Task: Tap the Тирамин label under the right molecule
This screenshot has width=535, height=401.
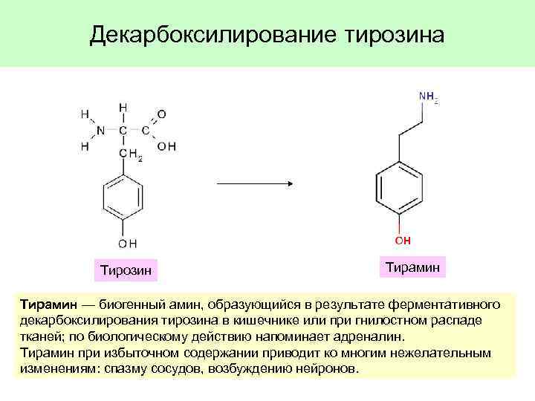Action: [413, 266]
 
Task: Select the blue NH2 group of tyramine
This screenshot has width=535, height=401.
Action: [428, 97]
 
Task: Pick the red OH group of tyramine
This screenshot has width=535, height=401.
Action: [402, 241]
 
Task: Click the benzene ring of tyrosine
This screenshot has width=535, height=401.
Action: [123, 199]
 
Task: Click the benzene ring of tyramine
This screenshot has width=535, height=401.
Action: [401, 186]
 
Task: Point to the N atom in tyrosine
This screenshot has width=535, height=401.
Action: [100, 130]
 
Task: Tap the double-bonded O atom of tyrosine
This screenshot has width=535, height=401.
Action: [162, 114]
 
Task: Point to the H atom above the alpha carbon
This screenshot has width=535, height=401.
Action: [123, 107]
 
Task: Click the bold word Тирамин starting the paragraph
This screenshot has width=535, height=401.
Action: [45, 304]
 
